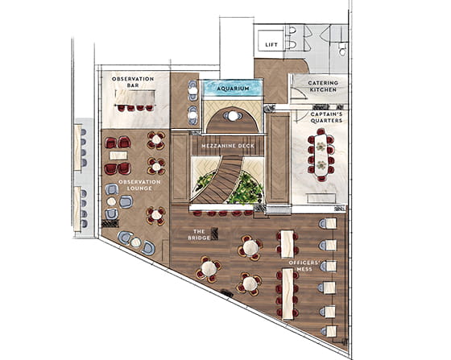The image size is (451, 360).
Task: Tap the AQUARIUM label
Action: (233, 88)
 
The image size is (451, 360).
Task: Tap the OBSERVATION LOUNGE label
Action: (139, 186)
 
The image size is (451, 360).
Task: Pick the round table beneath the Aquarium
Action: (233, 116)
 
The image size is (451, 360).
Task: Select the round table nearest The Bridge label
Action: (209, 268)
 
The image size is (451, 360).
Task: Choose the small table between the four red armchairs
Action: (118, 155)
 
